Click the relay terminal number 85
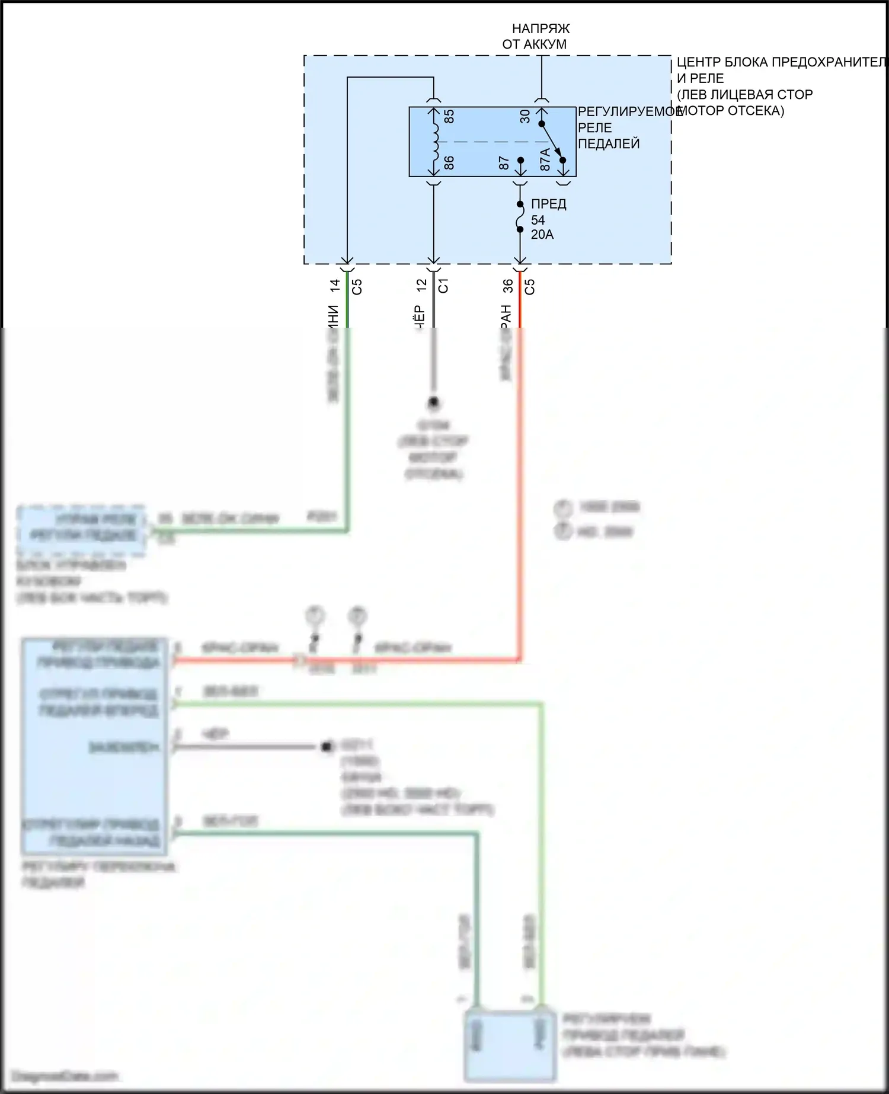tap(449, 116)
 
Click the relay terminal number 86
tap(449, 162)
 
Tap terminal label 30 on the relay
tap(525, 116)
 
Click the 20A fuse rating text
tap(542, 235)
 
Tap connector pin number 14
tap(335, 286)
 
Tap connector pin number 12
tap(421, 285)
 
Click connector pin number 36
tap(508, 286)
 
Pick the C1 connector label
tap(443, 286)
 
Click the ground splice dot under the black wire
tap(433, 403)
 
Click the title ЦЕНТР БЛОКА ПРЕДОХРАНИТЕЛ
tap(781, 62)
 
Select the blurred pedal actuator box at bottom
tap(510, 1046)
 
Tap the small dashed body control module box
tap(82, 530)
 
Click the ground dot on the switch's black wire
tap(325, 747)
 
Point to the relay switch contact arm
tap(551, 142)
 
